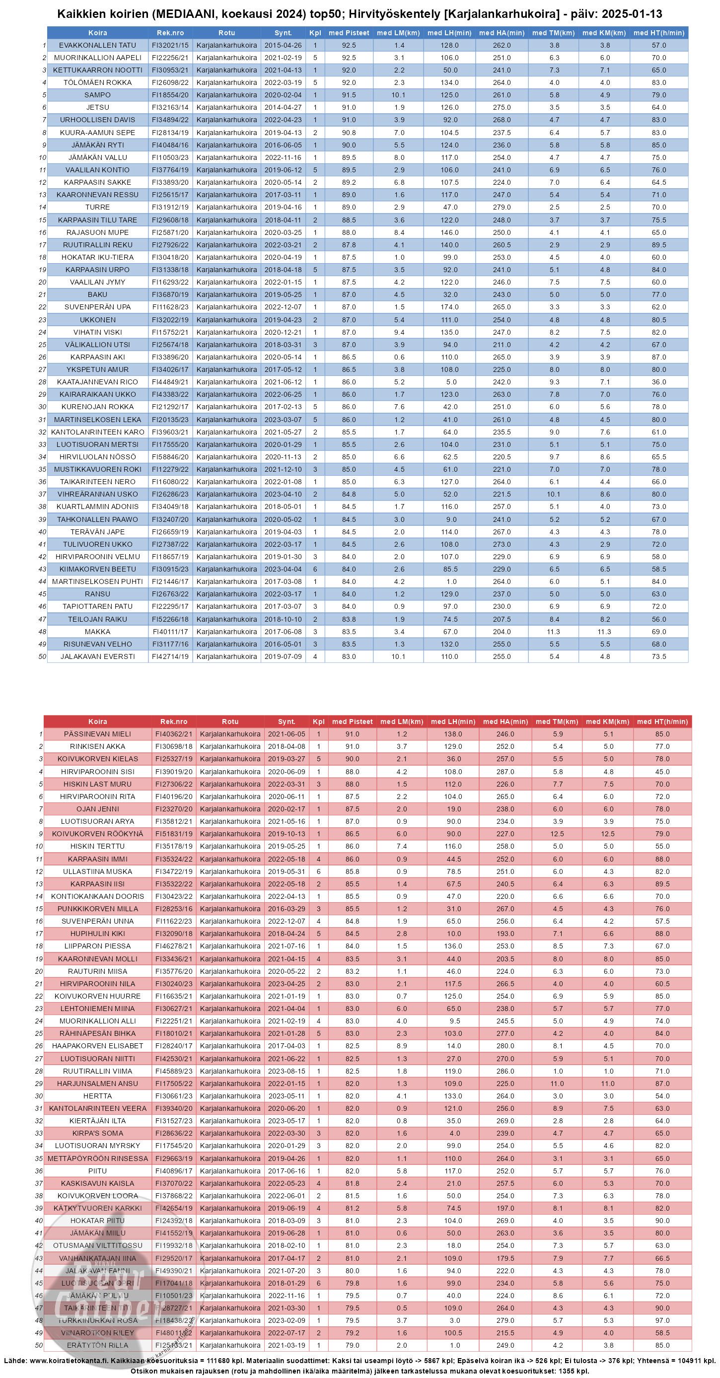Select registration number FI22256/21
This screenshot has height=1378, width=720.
[170, 58]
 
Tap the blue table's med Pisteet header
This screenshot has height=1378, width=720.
[349, 33]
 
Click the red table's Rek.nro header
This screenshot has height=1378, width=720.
[174, 722]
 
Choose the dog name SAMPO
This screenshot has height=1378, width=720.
[97, 95]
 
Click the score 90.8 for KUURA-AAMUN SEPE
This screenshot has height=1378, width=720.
[349, 133]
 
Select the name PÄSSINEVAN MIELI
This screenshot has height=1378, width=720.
[97, 734]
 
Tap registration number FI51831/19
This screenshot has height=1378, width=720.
[174, 834]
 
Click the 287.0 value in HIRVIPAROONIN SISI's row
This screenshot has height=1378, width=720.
[505, 771]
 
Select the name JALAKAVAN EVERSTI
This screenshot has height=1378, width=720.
[97, 656]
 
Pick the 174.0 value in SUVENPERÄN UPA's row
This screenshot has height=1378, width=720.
[449, 307]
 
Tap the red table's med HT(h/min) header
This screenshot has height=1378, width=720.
[662, 722]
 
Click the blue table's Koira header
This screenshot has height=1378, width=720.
[97, 33]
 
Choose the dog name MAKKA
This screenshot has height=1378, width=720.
[97, 632]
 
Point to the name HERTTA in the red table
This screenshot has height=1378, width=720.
[97, 1096]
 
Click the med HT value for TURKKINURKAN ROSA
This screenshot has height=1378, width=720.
[662, 1320]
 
